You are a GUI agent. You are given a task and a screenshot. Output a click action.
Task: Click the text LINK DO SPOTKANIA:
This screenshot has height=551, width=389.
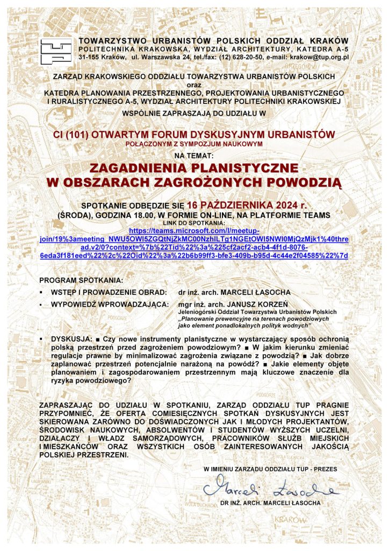click(x=194, y=223)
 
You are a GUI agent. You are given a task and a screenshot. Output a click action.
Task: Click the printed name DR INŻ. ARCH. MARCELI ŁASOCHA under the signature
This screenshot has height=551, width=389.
click(x=270, y=503)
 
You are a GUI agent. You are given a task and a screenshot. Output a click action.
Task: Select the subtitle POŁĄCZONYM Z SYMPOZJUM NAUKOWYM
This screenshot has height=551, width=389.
click(x=194, y=144)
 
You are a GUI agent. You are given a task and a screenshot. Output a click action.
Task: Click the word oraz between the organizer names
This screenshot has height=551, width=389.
click(x=194, y=84)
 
